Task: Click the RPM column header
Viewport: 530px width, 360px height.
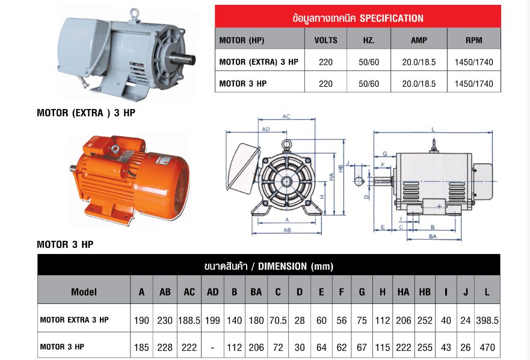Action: (473, 40)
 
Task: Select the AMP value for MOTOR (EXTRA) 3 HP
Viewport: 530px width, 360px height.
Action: (419, 62)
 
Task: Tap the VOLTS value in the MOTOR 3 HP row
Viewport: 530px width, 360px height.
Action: (325, 84)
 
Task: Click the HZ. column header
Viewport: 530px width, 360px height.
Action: (368, 40)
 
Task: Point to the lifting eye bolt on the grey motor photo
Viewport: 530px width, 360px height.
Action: (135, 14)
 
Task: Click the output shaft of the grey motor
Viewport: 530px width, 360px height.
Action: (182, 59)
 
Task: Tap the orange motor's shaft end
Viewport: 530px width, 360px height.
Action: (73, 168)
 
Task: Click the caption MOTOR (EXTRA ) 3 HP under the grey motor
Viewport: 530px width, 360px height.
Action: (86, 113)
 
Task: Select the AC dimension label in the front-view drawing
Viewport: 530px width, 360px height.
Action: (286, 116)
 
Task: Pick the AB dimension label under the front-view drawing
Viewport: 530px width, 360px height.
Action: (287, 230)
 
